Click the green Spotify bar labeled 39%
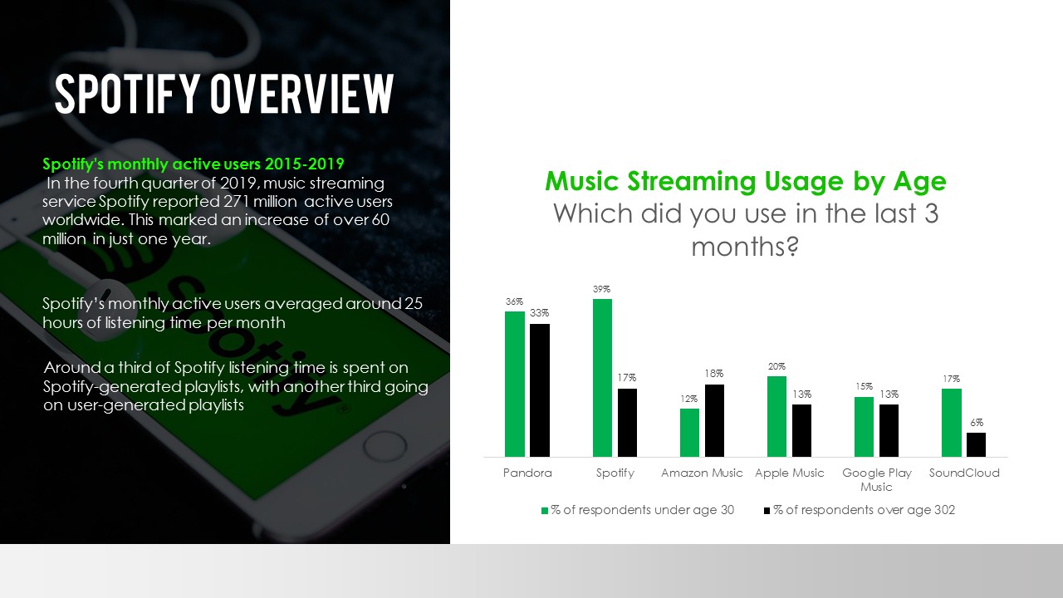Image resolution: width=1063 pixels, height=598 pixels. pos(602,378)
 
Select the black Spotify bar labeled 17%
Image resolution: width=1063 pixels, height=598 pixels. pos(627,423)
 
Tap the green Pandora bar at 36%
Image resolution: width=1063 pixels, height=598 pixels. pos(515,384)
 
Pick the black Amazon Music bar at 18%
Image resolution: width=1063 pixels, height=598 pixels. pos(715,420)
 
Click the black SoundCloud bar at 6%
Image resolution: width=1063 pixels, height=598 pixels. pos(976,444)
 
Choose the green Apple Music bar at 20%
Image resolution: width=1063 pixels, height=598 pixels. pos(776,417)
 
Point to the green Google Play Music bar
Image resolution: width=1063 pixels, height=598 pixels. pos(865,427)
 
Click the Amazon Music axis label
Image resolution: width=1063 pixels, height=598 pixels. pos(702,473)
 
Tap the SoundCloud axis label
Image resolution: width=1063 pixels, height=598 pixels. pos(964,473)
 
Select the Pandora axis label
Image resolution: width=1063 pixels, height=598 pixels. pos(527,473)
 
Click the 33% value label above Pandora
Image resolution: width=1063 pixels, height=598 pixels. pos(540,313)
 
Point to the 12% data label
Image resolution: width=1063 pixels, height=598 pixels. pos(689,399)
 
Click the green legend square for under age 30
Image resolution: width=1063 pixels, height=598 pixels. pos(545,511)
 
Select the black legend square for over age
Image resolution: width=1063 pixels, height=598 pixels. pos(767,511)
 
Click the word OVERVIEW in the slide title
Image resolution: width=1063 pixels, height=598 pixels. pos(302,94)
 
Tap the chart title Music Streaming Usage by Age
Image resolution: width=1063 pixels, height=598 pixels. pos(746,181)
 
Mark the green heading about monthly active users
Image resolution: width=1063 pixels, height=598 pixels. pos(193,164)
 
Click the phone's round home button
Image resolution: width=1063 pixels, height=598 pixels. pos(385,447)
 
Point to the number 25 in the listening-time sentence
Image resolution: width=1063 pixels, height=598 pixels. pos(414,303)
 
